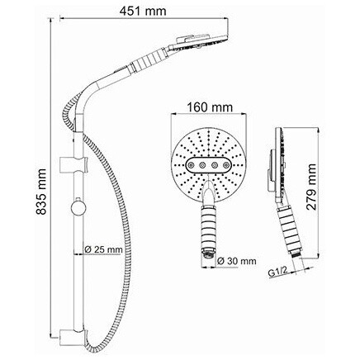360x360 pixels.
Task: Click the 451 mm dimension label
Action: click(144, 11)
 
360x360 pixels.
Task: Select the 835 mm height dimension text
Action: click(41, 192)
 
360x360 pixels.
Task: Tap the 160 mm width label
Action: click(210, 107)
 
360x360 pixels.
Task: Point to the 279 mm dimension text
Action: click(311, 187)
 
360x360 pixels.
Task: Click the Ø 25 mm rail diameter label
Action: click(103, 249)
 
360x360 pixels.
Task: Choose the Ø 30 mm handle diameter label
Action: click(236, 261)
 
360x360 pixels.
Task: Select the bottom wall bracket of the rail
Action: click(73, 335)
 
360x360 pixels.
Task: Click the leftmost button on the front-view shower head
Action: click(191, 165)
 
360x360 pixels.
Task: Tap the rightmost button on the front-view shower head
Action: click(226, 165)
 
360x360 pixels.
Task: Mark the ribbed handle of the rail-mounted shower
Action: click(149, 60)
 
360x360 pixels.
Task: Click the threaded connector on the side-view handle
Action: click(297, 253)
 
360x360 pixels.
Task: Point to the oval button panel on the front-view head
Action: click(209, 165)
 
